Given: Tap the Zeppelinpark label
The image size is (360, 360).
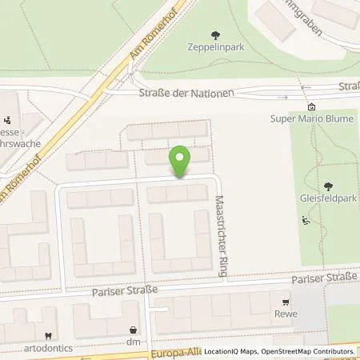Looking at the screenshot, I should click(x=215, y=46).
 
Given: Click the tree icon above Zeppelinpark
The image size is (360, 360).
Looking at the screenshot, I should click(x=215, y=34).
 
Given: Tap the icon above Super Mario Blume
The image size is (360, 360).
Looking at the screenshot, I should click(x=311, y=107).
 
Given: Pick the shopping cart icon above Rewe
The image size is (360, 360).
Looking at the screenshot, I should click(x=285, y=302).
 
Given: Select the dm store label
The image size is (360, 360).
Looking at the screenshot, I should click(x=133, y=342).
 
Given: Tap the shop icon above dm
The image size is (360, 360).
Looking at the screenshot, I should click(x=133, y=330).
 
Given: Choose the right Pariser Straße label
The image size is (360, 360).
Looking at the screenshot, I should click(x=320, y=278).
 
